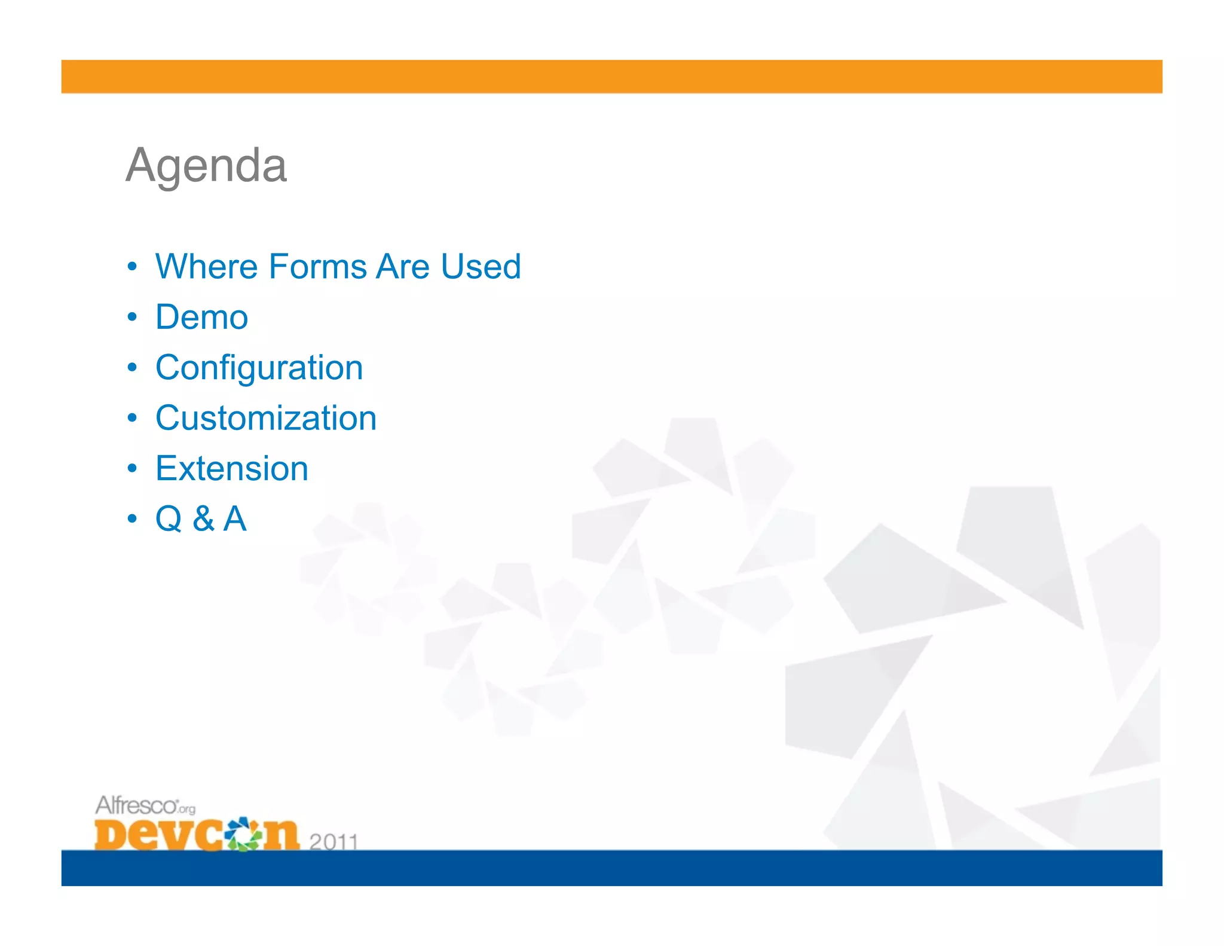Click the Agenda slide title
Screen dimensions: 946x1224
tap(206, 166)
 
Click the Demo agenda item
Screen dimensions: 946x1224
tap(201, 317)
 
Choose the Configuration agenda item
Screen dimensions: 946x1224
tap(259, 368)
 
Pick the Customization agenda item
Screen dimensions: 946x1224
tap(266, 418)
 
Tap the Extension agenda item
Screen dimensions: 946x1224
tap(232, 468)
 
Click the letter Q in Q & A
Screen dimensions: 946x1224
tap(169, 519)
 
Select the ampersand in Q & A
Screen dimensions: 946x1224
tap(203, 519)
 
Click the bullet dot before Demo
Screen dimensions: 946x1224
tap(132, 317)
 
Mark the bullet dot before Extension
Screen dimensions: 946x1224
tap(132, 468)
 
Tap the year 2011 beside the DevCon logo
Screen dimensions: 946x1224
tap(333, 841)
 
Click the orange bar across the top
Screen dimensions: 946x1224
tap(611, 77)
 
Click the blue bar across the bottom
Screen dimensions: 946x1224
tap(611, 868)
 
